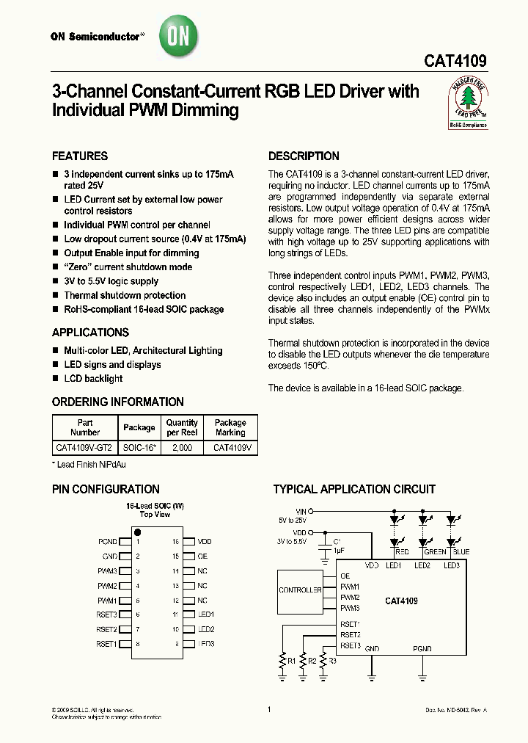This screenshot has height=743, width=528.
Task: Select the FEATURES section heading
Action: tap(80, 156)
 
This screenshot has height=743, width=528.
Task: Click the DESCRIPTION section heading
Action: tap(304, 156)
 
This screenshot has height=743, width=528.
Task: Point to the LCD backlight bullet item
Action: tap(93, 378)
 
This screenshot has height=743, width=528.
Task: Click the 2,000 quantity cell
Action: tap(182, 446)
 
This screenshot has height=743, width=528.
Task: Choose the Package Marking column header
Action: tap(230, 427)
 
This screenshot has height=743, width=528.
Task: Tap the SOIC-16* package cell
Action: tap(139, 446)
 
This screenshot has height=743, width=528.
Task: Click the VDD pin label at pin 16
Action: tap(205, 542)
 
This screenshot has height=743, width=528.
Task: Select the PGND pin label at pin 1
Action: tap(107, 542)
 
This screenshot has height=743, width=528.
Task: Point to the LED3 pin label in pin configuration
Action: tap(206, 644)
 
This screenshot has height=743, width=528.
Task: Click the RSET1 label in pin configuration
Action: tap(106, 644)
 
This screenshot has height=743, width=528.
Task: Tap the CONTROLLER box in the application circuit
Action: tap(300, 590)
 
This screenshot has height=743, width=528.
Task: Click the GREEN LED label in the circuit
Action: tap(435, 551)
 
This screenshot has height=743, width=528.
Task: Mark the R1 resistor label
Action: tap(292, 661)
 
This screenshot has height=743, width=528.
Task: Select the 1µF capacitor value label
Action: tap(338, 550)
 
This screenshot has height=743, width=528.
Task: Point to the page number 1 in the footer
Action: tap(269, 709)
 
